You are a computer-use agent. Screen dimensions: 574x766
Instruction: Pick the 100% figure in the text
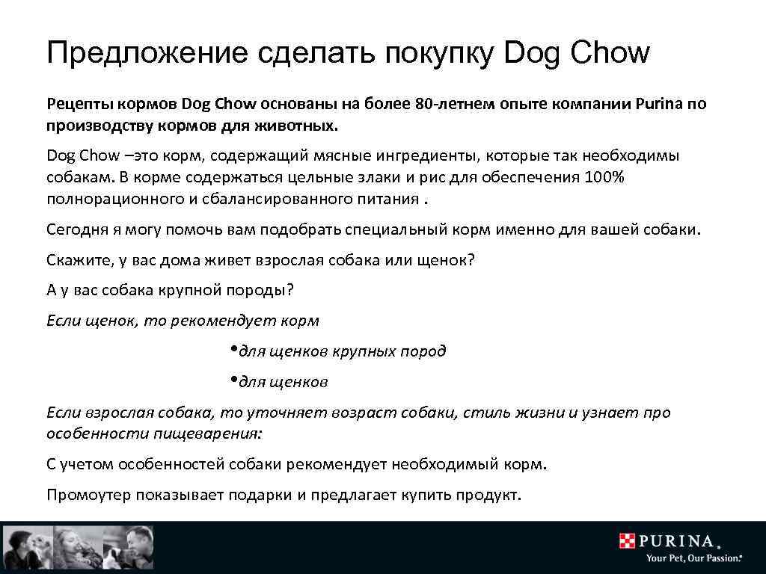click(x=604, y=178)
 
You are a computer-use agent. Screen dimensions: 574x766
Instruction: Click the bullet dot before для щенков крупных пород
click(x=234, y=349)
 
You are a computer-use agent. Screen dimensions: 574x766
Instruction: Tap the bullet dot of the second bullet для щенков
click(x=234, y=380)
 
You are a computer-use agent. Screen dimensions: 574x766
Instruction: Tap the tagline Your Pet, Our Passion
click(x=693, y=558)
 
